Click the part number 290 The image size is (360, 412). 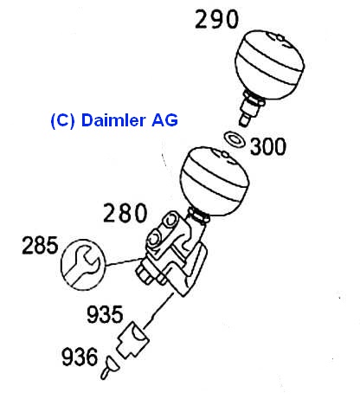[216, 19]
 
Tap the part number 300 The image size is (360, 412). [268, 146]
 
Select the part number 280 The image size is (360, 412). [125, 213]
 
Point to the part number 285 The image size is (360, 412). [40, 245]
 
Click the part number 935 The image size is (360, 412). [105, 314]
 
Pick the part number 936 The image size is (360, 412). [80, 357]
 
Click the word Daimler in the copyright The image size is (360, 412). [113, 120]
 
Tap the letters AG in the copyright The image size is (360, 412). [164, 120]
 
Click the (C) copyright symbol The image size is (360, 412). [62, 120]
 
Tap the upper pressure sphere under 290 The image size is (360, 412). [270, 64]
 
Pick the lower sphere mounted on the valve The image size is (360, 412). [215, 181]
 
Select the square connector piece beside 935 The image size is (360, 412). [132, 340]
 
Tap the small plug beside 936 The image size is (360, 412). [109, 368]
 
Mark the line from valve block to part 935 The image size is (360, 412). [158, 311]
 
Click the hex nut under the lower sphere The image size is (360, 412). [199, 217]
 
